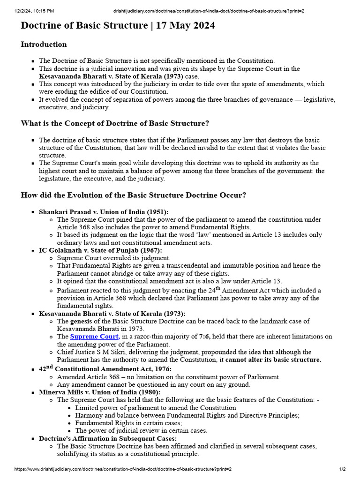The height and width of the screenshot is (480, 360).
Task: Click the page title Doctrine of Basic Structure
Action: (84, 26)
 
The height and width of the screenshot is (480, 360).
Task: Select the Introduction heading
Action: (44, 45)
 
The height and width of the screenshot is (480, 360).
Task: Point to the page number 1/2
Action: (342, 469)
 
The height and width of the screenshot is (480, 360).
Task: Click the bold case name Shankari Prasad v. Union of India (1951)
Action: (104, 212)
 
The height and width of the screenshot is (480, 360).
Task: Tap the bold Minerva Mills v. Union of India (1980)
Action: (99, 392)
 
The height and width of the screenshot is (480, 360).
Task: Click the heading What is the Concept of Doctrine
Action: (115, 123)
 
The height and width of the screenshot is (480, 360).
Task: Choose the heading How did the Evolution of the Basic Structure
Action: (134, 195)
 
